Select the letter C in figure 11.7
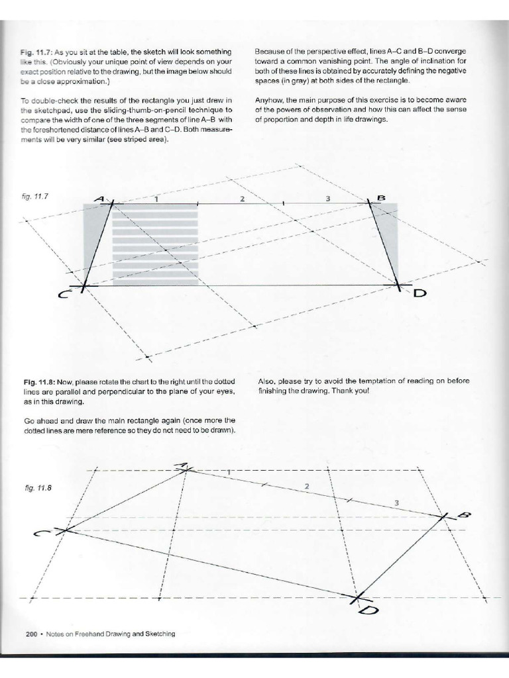[64, 296]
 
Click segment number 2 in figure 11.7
[243, 199]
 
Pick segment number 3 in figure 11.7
[328, 199]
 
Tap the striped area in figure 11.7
[156, 245]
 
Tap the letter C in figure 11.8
[41, 535]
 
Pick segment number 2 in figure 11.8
[307, 487]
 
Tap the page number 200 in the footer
[30, 634]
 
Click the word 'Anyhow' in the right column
[267, 101]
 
